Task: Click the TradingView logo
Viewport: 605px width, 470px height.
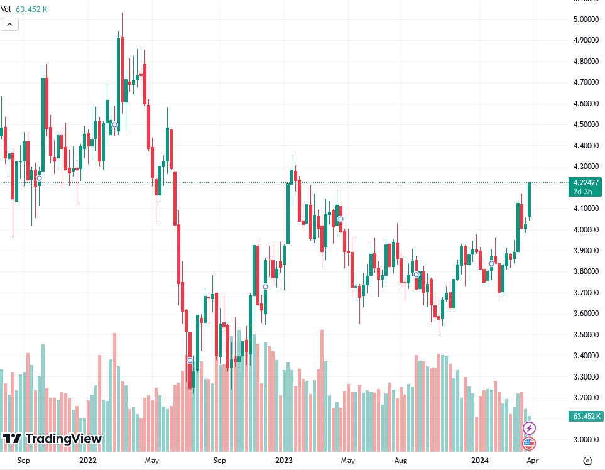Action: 52,439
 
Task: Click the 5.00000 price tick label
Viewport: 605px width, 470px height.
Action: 586,19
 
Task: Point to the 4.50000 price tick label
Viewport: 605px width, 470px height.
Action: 586,124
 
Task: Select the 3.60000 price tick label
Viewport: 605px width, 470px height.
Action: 586,314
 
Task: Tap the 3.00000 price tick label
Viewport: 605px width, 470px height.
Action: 586,440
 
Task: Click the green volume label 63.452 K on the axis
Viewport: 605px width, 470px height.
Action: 585,416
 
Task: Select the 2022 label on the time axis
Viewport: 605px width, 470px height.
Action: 88,461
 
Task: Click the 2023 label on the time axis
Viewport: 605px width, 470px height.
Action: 284,461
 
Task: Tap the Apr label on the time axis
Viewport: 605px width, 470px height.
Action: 532,461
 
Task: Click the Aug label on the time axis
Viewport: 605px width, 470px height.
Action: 403,461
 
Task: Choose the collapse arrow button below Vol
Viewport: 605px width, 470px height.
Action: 10,25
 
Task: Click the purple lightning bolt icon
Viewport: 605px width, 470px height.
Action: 529,429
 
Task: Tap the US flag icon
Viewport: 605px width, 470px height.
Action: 529,444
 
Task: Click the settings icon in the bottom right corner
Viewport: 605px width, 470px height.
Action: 587,460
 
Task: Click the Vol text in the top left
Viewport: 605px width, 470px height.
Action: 6,9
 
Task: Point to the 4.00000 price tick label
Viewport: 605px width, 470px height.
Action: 586,229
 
